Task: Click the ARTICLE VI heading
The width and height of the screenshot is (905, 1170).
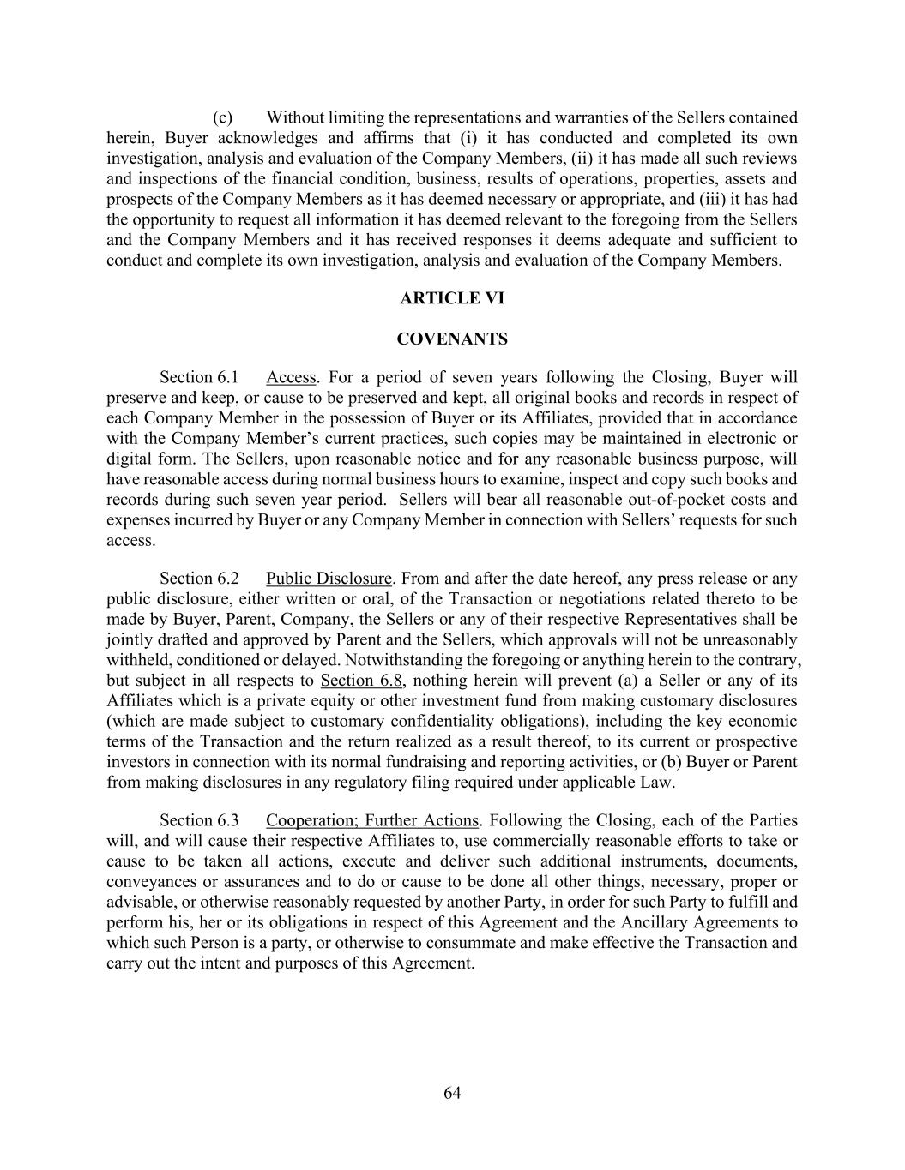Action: [452, 298]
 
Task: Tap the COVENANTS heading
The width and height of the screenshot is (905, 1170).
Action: [452, 339]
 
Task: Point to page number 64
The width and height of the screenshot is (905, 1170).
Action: [453, 1093]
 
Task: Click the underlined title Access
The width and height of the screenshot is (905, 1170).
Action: [291, 378]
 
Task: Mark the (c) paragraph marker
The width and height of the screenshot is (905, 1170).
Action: [223, 117]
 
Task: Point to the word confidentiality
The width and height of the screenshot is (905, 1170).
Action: [422, 722]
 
